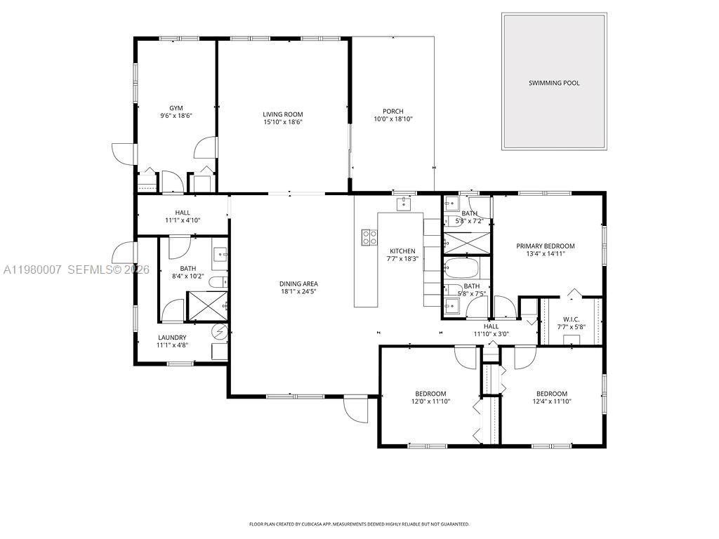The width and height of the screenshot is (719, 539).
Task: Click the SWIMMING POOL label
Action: (554, 83)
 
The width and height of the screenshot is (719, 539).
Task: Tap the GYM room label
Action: (166, 108)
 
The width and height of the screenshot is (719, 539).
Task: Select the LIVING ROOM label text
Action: (283, 114)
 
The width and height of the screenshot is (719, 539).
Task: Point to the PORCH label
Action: (393, 111)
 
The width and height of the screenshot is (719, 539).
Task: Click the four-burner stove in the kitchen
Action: (369, 238)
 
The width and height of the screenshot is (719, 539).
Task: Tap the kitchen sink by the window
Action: (404, 204)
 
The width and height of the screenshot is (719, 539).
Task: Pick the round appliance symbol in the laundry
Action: (219, 331)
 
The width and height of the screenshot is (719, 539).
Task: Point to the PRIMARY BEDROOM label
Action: (545, 246)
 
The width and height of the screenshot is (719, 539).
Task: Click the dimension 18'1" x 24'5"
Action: (300, 292)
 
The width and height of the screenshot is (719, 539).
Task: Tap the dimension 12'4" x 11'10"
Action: (551, 401)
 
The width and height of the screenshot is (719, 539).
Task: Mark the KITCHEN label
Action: (402, 251)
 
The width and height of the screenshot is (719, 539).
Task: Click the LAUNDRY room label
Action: (171, 338)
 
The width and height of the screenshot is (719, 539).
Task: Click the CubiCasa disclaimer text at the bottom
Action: (359, 524)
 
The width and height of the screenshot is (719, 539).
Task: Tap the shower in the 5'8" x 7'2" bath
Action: (466, 242)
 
